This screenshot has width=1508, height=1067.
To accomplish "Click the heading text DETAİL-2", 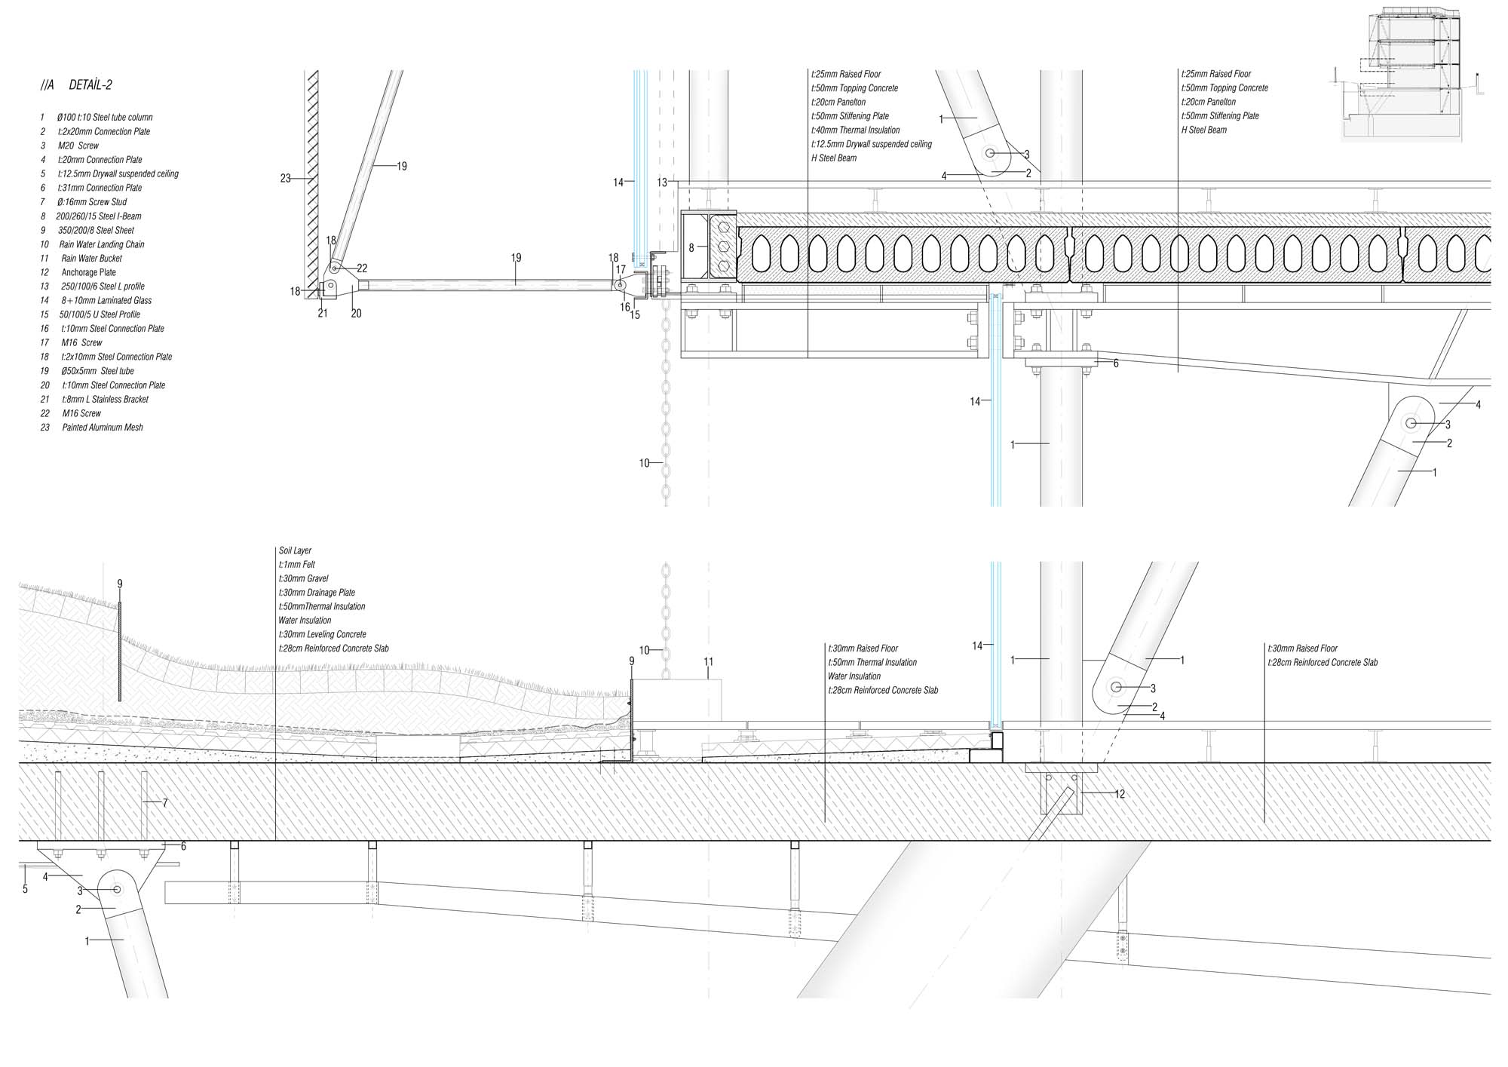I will (x=90, y=85).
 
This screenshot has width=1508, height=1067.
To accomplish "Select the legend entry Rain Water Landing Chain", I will (x=102, y=244).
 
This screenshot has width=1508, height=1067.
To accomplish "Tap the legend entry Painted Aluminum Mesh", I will (x=102, y=428).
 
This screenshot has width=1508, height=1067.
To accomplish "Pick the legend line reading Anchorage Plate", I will (x=89, y=272).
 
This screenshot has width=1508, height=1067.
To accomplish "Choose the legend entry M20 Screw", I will (x=78, y=146).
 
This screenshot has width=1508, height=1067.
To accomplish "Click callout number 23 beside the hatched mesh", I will (x=285, y=179).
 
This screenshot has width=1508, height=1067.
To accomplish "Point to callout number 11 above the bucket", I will (x=709, y=662).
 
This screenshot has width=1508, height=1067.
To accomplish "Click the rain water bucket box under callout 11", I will (x=676, y=699).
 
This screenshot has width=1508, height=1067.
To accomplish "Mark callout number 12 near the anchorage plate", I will (x=1120, y=794).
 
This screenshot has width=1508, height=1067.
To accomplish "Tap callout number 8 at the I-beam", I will (x=691, y=247).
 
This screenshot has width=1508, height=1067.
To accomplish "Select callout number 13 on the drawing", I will (x=661, y=182).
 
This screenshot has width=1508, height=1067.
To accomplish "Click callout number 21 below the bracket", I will (x=323, y=313).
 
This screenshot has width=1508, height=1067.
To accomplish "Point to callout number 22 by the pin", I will (x=362, y=268).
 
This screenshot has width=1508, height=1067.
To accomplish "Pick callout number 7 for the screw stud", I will (x=165, y=803).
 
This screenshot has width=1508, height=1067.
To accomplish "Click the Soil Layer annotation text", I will (x=295, y=550).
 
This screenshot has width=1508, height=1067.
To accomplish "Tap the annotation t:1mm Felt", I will (x=297, y=565).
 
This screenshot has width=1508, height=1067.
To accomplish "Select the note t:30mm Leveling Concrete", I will (x=323, y=634).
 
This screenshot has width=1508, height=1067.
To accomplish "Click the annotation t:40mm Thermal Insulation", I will (x=856, y=130).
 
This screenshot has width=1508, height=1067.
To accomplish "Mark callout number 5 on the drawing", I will (x=25, y=890).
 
